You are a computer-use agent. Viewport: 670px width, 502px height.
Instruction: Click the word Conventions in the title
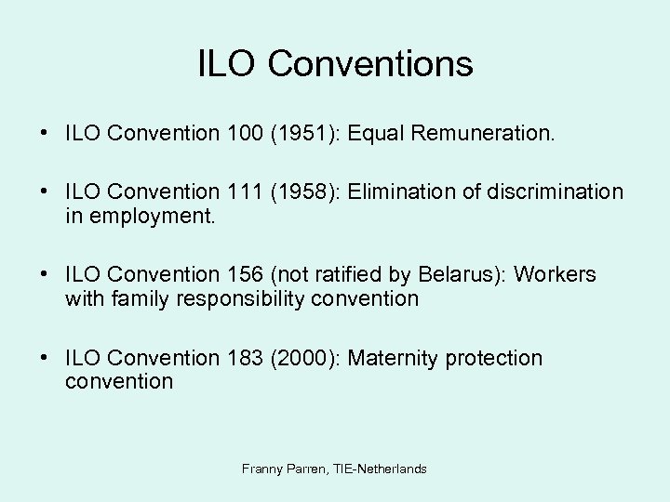[370, 64]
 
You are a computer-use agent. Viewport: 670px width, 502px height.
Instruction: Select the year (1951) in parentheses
[301, 134]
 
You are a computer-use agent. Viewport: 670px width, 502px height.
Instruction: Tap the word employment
[138, 216]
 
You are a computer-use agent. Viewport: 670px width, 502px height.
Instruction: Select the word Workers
[556, 275]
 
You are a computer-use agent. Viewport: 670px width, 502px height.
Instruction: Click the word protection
[494, 358]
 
